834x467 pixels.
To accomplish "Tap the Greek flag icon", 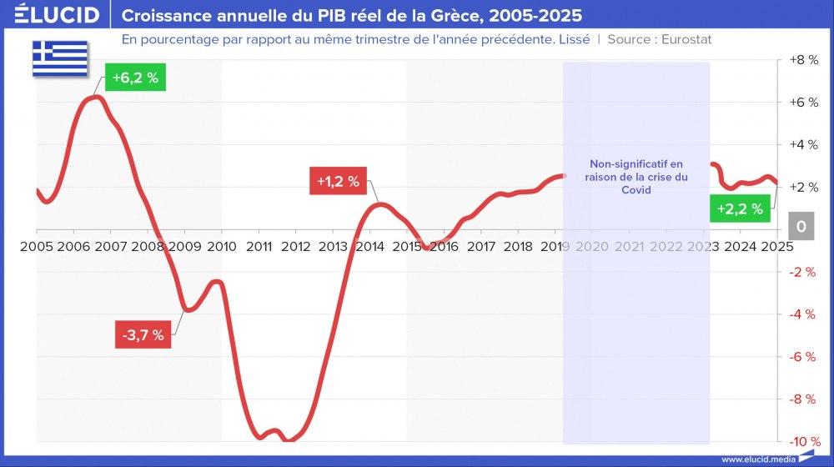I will pyautogui.click(x=60, y=58).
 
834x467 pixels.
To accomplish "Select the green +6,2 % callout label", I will pyautogui.click(x=135, y=79).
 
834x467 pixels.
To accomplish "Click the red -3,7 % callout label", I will pyautogui.click(x=143, y=335).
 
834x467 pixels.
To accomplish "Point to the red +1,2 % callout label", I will pyautogui.click(x=338, y=180).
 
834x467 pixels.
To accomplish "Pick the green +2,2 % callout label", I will pyautogui.click(x=740, y=208).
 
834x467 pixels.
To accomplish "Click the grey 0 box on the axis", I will pyautogui.click(x=801, y=227).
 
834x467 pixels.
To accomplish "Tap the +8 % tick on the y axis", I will pyautogui.click(x=803, y=61).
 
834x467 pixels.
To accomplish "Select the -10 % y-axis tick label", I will pyautogui.click(x=803, y=441).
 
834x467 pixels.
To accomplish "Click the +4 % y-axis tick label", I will pyautogui.click(x=803, y=145).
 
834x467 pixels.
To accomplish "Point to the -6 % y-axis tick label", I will pyautogui.click(x=803, y=357).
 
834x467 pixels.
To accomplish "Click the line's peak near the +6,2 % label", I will pyautogui.click(x=95, y=98).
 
